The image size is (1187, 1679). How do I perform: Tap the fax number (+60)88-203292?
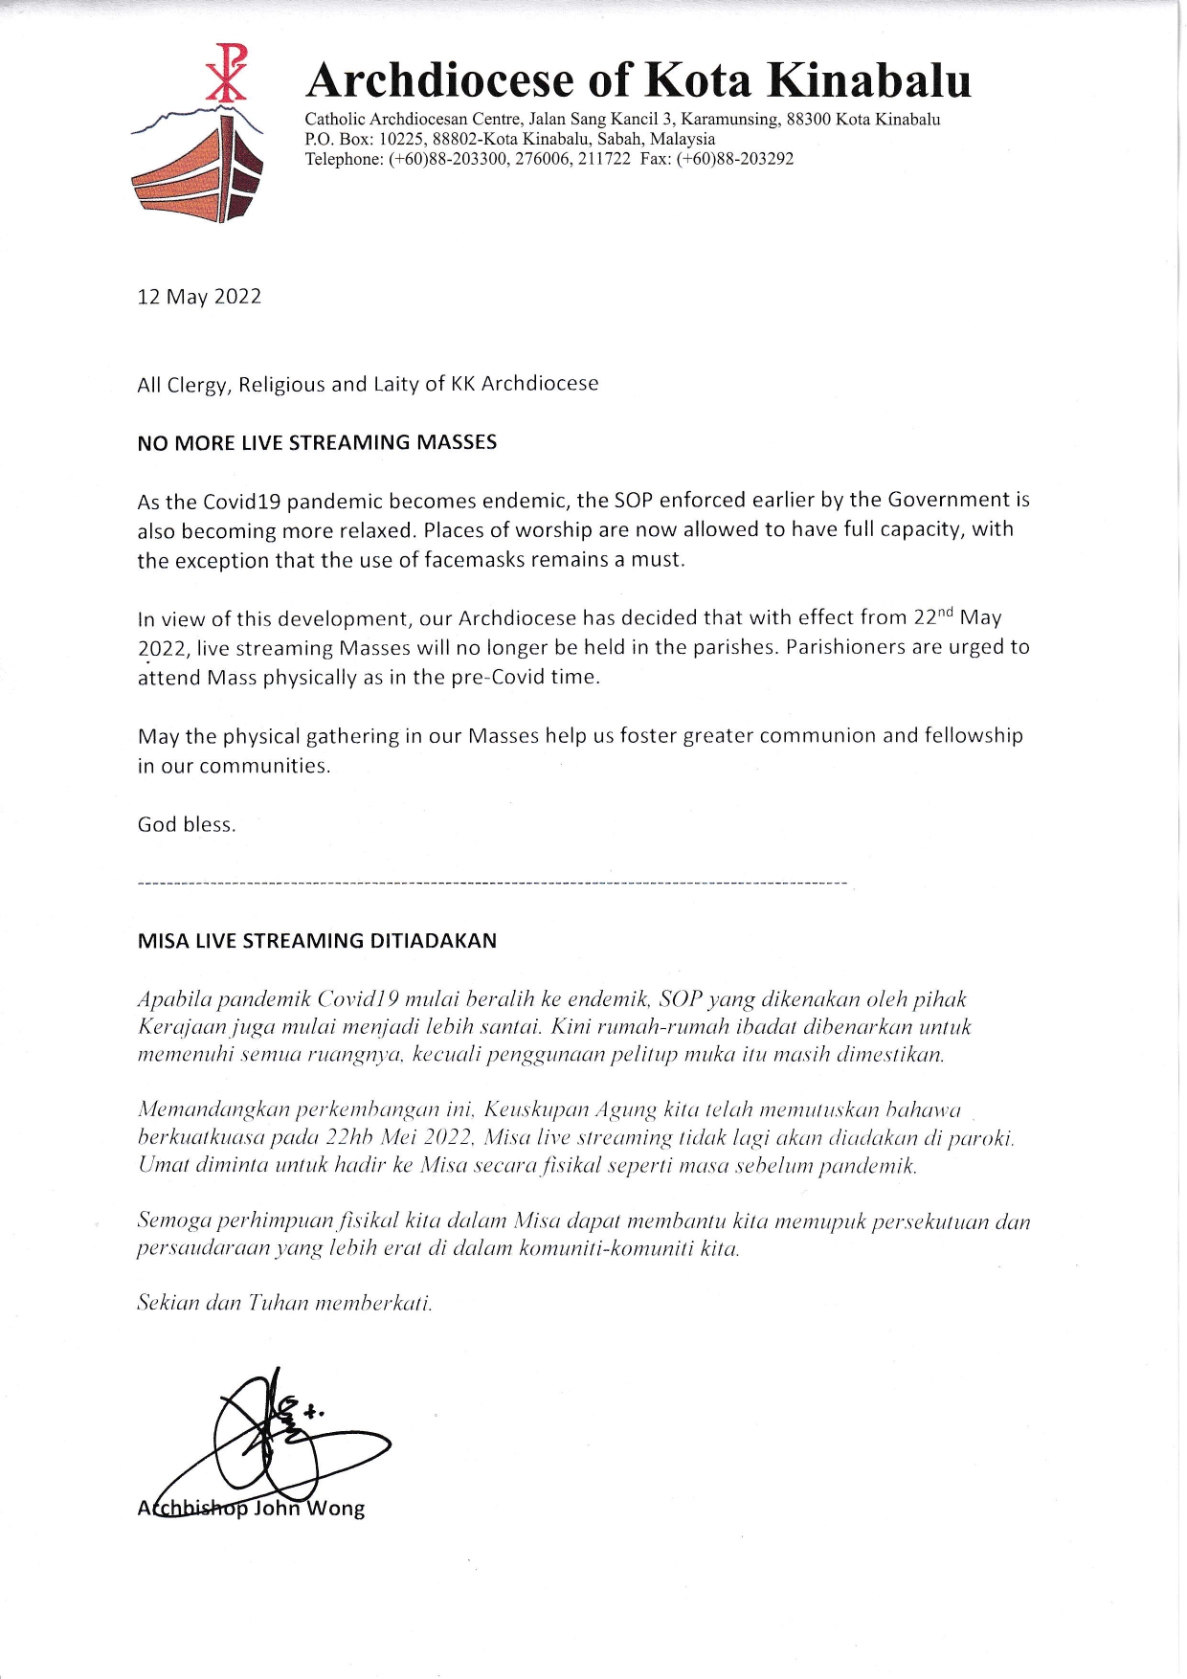pyautogui.click(x=734, y=159)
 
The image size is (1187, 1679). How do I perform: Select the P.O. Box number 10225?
pyautogui.click(x=401, y=139)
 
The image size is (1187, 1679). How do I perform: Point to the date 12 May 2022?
pyautogui.click(x=199, y=297)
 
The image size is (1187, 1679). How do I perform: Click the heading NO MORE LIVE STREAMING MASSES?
pyautogui.click(x=317, y=443)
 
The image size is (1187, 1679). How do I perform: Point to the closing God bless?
pyautogui.click(x=187, y=825)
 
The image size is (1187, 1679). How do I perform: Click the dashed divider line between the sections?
pyautogui.click(x=492, y=882)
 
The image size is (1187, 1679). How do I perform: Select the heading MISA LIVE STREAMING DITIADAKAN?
pyautogui.click(x=317, y=941)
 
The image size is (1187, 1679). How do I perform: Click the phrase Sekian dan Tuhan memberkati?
pyautogui.click(x=284, y=1304)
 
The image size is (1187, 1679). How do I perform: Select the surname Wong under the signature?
pyautogui.click(x=335, y=1510)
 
